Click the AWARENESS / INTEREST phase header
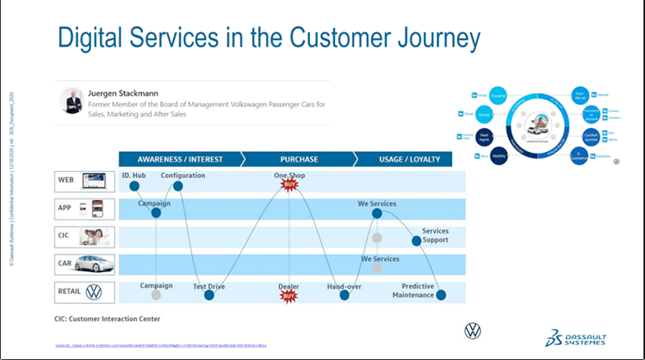(179, 160)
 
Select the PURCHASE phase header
(298, 160)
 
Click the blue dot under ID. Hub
(135, 186)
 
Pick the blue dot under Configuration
(178, 186)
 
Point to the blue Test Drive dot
(210, 295)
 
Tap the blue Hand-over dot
(345, 295)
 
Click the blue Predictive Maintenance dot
(441, 295)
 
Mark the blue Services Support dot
(417, 241)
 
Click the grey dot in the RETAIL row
(156, 295)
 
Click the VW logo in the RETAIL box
(95, 292)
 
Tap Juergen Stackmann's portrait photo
(72, 100)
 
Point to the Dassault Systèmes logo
(575, 338)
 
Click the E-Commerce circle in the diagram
(579, 156)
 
